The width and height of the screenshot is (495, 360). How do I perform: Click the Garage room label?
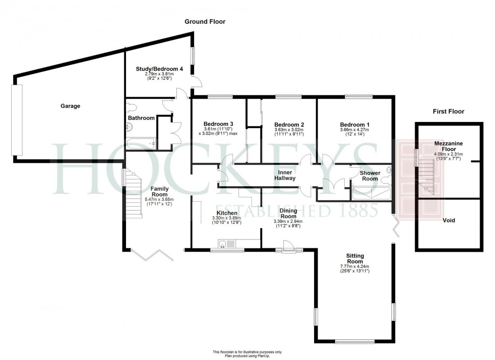[x=70, y=106]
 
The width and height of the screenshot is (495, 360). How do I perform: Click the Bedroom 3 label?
[x=218, y=124]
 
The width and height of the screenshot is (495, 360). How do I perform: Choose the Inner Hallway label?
[x=285, y=175]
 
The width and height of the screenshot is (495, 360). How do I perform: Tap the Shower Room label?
[x=370, y=175]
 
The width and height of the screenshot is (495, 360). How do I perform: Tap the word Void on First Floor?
[x=449, y=220]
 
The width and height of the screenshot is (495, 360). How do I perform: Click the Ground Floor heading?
[x=205, y=22]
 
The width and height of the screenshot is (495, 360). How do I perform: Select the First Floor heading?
[x=448, y=111]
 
